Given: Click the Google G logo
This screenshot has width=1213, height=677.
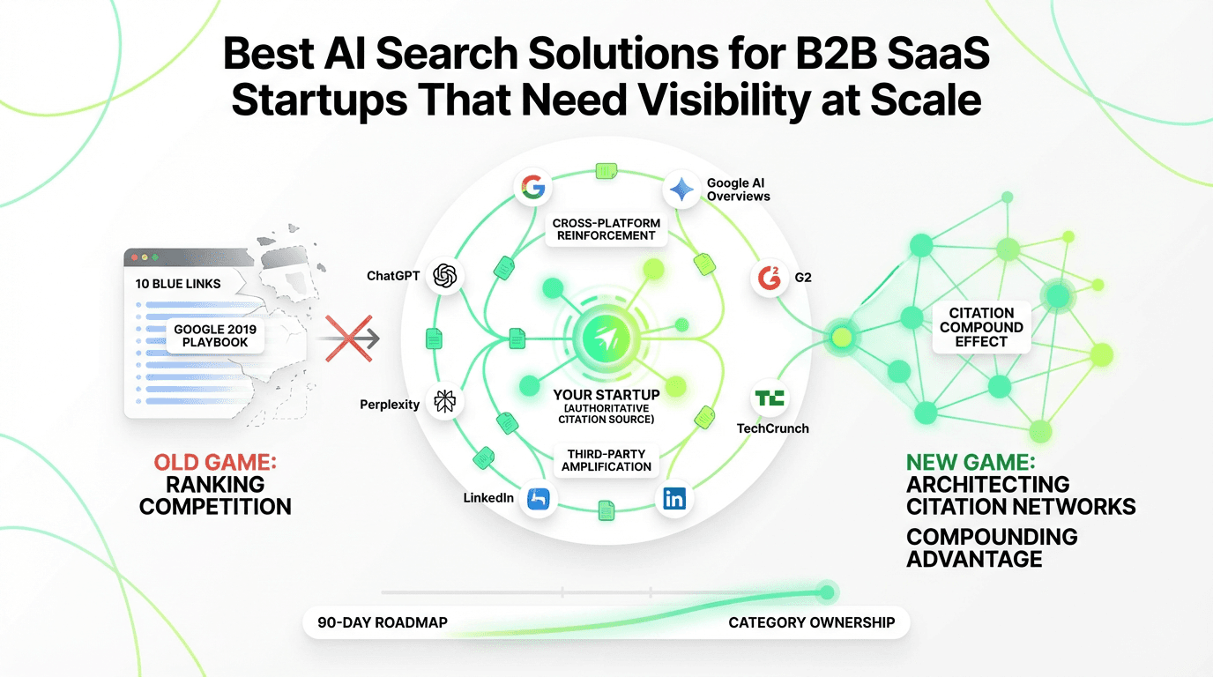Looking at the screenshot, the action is pyautogui.click(x=532, y=187).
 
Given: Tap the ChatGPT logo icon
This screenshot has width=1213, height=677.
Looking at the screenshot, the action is pyautogui.click(x=444, y=276).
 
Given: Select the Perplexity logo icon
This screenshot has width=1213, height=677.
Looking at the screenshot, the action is pyautogui.click(x=444, y=403).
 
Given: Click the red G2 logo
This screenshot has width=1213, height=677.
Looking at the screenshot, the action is pyautogui.click(x=769, y=278).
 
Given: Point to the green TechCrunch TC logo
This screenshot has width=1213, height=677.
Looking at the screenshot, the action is pyautogui.click(x=769, y=398).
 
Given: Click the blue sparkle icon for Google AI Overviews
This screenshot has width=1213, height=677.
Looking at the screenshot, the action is pyautogui.click(x=681, y=190).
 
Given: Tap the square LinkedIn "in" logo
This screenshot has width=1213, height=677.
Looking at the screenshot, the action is pyautogui.click(x=674, y=499).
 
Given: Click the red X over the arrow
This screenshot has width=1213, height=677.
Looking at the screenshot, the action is pyautogui.click(x=346, y=338).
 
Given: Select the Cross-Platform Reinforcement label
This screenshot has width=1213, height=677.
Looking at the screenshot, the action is pyautogui.click(x=606, y=229).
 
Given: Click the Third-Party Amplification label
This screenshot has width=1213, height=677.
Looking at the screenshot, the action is pyautogui.click(x=606, y=459).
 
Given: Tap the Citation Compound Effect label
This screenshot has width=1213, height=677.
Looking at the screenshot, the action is pyautogui.click(x=981, y=327).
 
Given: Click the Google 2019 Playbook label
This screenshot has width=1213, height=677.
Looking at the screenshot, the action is pyautogui.click(x=215, y=336).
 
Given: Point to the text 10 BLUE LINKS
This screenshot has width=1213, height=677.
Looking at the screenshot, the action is pyautogui.click(x=178, y=284).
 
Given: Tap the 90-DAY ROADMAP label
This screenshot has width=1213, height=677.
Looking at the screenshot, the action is pyautogui.click(x=383, y=622).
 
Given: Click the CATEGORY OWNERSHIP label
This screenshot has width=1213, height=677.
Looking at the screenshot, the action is pyautogui.click(x=811, y=622).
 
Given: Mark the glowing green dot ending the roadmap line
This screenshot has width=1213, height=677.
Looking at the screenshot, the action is pyautogui.click(x=826, y=592).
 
